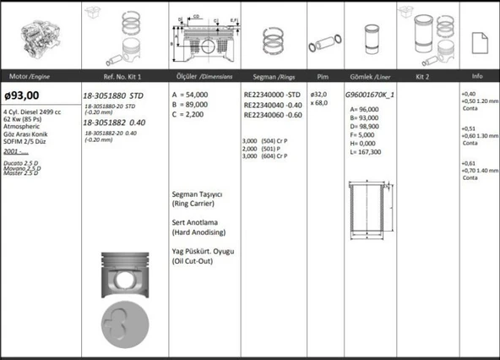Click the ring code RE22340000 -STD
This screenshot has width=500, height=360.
271,95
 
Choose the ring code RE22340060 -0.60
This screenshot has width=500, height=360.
271,114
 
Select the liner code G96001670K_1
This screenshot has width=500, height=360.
370,95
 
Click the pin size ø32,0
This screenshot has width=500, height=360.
318,94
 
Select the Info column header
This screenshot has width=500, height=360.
477,75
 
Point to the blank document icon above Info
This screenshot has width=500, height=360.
477,39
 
